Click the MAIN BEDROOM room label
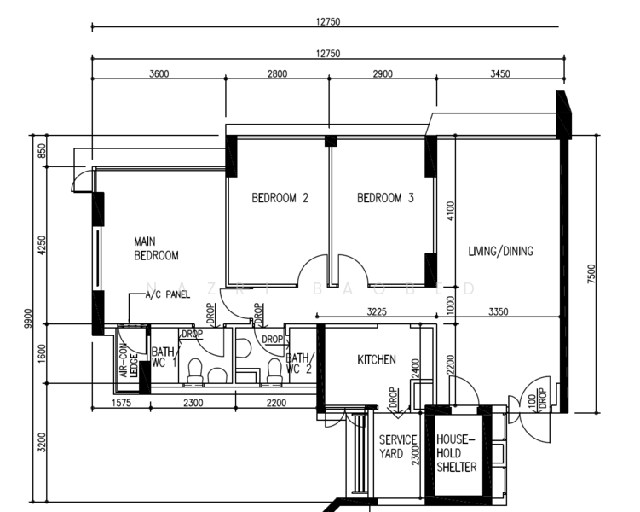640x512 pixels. click(156, 248)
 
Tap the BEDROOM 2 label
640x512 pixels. click(280, 198)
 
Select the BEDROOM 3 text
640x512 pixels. click(384, 198)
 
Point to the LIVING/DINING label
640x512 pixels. click(500, 251)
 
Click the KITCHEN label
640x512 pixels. click(376, 360)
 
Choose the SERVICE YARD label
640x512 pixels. click(397, 446)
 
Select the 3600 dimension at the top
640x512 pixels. click(159, 74)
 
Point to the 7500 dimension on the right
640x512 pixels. click(591, 274)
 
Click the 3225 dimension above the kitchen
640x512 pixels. click(376, 312)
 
